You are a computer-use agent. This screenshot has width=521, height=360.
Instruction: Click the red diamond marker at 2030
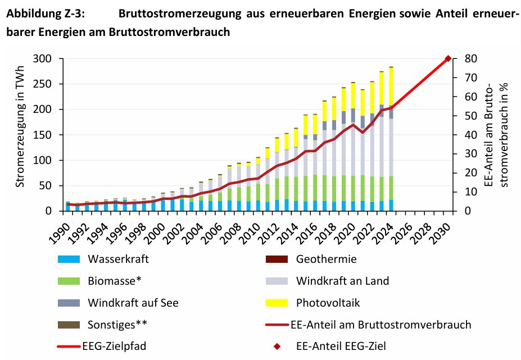point(448,58)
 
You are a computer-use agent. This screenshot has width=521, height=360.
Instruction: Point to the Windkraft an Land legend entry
point(342,281)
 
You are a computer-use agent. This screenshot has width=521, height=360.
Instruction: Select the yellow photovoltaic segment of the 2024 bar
point(391,84)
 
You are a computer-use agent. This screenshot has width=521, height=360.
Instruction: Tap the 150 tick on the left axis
point(47,135)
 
